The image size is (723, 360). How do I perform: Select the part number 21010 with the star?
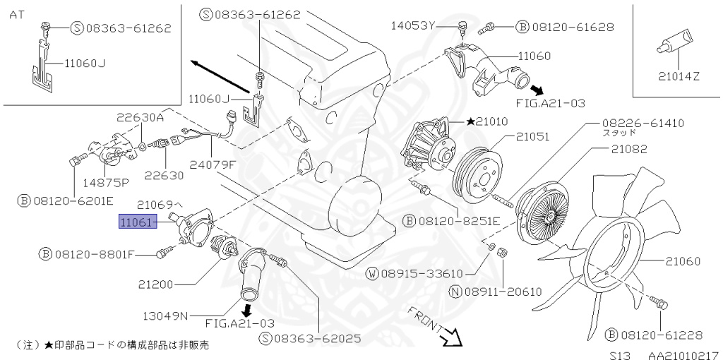pos(491,122)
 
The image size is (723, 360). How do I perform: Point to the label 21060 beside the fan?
pos(682,261)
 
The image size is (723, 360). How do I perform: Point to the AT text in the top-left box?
pos(16,14)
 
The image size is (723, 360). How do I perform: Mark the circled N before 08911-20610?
pos(457,290)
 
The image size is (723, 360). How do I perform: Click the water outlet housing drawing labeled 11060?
pos(494,74)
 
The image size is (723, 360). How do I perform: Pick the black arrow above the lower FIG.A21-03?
pos(246,310)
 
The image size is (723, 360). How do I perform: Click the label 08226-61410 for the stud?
pos(643,123)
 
